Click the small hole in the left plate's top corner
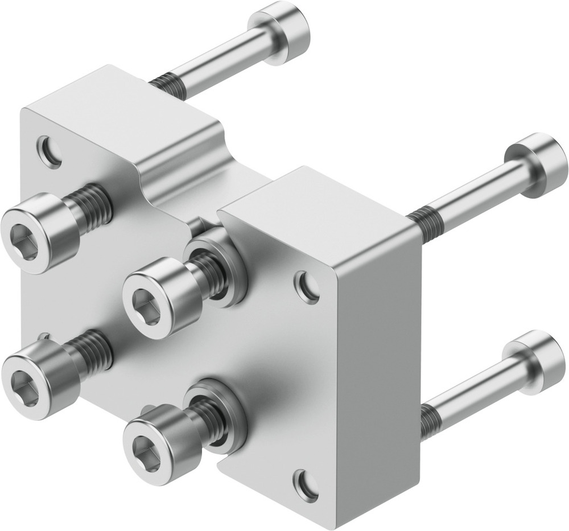point(50,151)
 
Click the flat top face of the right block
point(319,205)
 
